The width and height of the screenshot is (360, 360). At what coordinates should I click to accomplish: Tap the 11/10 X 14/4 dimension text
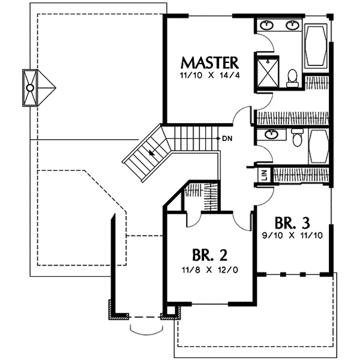[x=210, y=76]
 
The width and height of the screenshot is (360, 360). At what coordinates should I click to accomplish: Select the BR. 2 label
[x=209, y=255]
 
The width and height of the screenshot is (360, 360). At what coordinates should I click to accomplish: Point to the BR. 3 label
[x=292, y=223]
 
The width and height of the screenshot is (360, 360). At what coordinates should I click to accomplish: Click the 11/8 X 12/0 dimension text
[x=210, y=270]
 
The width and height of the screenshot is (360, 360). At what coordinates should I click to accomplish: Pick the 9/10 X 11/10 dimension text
[x=293, y=236]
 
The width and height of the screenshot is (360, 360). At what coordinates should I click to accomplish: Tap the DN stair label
[x=227, y=139]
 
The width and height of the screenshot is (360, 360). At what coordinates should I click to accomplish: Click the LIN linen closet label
[x=265, y=175]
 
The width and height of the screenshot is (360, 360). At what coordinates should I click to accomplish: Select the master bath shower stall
[x=268, y=73]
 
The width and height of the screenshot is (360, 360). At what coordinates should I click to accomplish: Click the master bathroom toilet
[x=292, y=78]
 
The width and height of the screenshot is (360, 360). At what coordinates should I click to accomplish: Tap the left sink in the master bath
[x=267, y=25]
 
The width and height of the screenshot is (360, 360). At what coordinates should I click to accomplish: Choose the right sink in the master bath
[x=293, y=25]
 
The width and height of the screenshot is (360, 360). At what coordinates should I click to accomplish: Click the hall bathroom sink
[x=272, y=134]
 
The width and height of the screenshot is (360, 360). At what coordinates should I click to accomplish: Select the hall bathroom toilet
[x=297, y=137]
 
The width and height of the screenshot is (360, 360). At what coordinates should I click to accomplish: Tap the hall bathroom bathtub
[x=319, y=146]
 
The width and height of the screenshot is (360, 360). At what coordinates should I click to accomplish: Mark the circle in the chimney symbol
[x=30, y=88]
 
